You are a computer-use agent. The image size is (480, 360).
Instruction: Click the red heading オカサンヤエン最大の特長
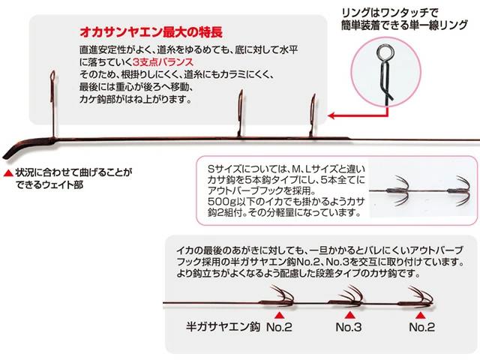point(151,32)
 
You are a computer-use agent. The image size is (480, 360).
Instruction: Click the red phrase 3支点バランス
point(163,62)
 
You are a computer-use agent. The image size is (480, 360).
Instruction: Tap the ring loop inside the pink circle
point(382,53)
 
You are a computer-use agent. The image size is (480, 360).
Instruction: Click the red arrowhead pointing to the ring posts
point(331,115)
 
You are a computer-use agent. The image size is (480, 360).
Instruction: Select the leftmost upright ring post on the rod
point(53,104)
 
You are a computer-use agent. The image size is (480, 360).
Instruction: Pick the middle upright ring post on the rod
point(241,113)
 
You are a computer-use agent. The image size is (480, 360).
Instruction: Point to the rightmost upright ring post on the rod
point(312,116)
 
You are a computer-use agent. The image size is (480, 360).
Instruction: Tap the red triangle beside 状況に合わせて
point(8,173)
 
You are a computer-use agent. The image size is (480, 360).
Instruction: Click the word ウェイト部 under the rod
point(57,185)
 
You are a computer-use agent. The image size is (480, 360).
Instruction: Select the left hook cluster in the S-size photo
point(399,191)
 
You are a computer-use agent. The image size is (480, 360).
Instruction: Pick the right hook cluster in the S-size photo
point(459,191)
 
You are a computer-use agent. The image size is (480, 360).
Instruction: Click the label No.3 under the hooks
point(349,327)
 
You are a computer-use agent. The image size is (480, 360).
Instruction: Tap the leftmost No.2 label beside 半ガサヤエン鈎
point(279,327)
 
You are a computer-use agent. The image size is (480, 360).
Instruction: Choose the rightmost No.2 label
point(421,327)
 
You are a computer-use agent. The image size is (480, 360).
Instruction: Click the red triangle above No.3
point(350,316)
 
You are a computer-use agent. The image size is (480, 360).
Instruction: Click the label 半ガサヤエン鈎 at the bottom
point(223,327)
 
